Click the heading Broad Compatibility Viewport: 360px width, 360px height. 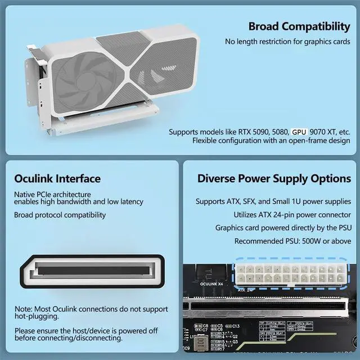[x=299, y=26]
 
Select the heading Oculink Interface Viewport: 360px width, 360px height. [x=57, y=179]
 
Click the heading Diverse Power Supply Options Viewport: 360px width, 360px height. [x=274, y=179]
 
